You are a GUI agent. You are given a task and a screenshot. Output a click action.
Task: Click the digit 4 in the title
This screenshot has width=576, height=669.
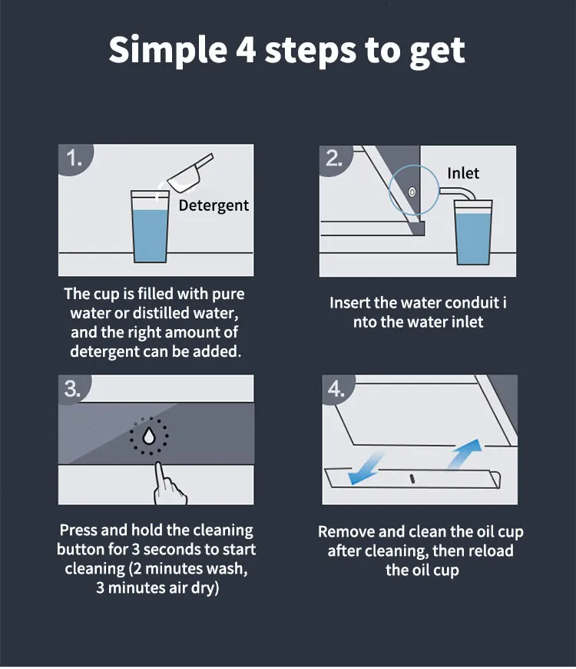246,49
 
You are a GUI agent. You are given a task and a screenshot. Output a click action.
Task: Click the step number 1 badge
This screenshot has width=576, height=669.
74,158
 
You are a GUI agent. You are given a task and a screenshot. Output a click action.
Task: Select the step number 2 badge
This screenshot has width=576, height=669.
335,158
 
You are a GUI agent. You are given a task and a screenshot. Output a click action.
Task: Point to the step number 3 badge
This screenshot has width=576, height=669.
73,389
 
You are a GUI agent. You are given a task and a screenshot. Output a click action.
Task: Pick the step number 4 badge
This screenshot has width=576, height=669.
336,389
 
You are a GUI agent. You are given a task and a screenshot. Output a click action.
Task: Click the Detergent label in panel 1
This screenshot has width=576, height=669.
214,205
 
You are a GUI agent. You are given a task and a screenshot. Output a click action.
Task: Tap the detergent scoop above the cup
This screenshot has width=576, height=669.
190,172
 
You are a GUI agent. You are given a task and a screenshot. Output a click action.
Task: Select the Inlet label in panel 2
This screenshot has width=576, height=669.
463,173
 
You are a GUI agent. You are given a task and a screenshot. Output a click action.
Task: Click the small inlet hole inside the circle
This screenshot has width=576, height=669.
412,192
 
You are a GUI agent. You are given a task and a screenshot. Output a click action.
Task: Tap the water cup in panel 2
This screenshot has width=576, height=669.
473,232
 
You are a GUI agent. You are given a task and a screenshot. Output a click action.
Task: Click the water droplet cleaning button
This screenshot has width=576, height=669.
149,436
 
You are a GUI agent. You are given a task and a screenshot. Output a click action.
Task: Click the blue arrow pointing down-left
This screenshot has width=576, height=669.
366,468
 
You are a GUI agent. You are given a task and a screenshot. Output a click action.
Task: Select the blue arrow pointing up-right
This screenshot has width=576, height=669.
465,454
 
